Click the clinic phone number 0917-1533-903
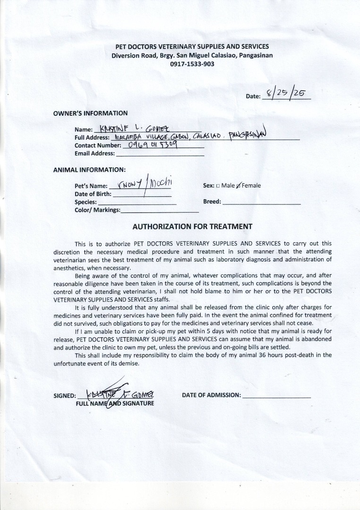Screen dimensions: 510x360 (192, 64)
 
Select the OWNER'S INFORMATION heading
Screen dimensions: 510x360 (90, 113)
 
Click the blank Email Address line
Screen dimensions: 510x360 (160, 154)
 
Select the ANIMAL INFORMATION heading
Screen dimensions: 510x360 (89, 170)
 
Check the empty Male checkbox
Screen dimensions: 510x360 (218, 186)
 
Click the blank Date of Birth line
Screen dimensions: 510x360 (142, 195)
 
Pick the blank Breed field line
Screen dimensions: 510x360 (261, 203)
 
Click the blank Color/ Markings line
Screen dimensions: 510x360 (153, 211)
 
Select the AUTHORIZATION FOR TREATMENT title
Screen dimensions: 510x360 (192, 227)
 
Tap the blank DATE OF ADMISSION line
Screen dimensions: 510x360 (276, 396)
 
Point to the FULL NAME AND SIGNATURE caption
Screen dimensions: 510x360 (115, 404)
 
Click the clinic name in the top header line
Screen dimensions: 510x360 (192, 47)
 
